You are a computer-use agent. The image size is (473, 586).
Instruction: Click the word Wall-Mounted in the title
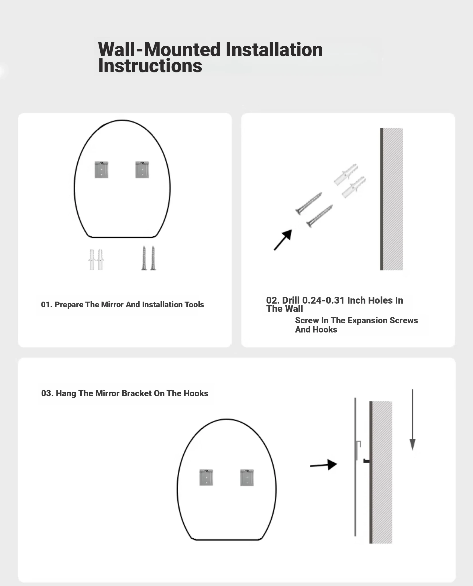click(x=159, y=50)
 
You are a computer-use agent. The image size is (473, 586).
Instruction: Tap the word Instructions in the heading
click(x=150, y=66)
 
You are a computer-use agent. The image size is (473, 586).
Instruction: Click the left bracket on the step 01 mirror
click(x=101, y=170)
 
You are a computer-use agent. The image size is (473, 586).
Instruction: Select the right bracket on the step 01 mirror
click(x=142, y=170)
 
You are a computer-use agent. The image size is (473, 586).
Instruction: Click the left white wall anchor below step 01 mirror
click(x=92, y=260)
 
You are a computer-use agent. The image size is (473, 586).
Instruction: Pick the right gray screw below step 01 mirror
click(x=153, y=258)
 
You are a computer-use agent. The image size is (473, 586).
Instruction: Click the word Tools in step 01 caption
click(x=195, y=304)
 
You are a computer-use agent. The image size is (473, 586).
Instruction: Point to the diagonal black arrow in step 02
click(x=283, y=240)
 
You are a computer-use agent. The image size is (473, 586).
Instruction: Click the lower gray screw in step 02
click(x=320, y=216)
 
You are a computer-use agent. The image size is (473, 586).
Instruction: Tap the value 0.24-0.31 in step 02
click(x=323, y=300)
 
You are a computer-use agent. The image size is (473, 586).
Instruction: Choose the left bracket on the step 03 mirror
click(x=206, y=478)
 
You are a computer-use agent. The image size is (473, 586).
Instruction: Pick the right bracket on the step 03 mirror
click(x=247, y=478)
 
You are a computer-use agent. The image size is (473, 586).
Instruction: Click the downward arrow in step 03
click(x=412, y=420)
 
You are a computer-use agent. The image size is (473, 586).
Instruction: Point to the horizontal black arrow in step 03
click(x=323, y=465)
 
